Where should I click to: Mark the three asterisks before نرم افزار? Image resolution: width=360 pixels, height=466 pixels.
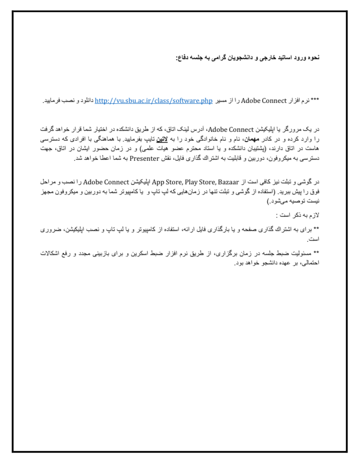[x=315, y=101]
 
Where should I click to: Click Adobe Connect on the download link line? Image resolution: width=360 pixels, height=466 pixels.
[x=264, y=101]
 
